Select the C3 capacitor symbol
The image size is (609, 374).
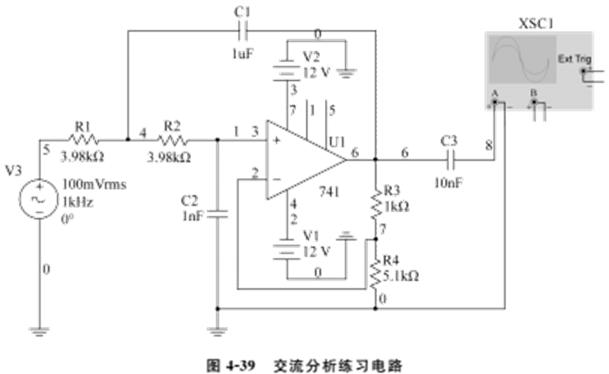tap(450, 159)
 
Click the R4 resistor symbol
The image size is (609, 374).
tap(375, 274)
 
